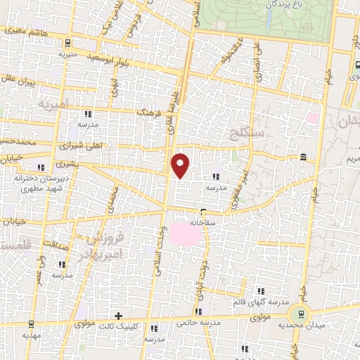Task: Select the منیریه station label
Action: pos(67,53)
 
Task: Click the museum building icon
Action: pos(302,155)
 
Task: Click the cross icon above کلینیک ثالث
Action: pos(118,316)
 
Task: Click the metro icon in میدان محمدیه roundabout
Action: pos(307,316)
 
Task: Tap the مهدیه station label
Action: pos(30,335)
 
